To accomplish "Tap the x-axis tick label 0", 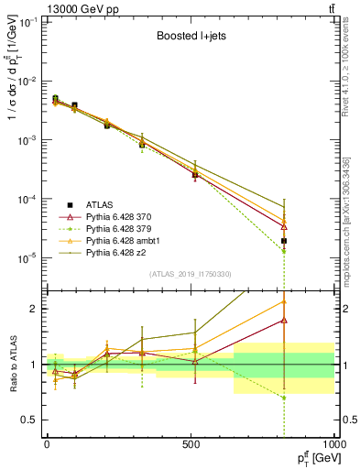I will pos(47,444).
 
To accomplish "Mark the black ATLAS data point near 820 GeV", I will pos(285,241).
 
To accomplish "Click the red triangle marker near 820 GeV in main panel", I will pos(285,226).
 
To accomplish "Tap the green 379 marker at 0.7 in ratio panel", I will pos(285,398).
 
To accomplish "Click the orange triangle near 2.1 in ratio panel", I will pos(285,300).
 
